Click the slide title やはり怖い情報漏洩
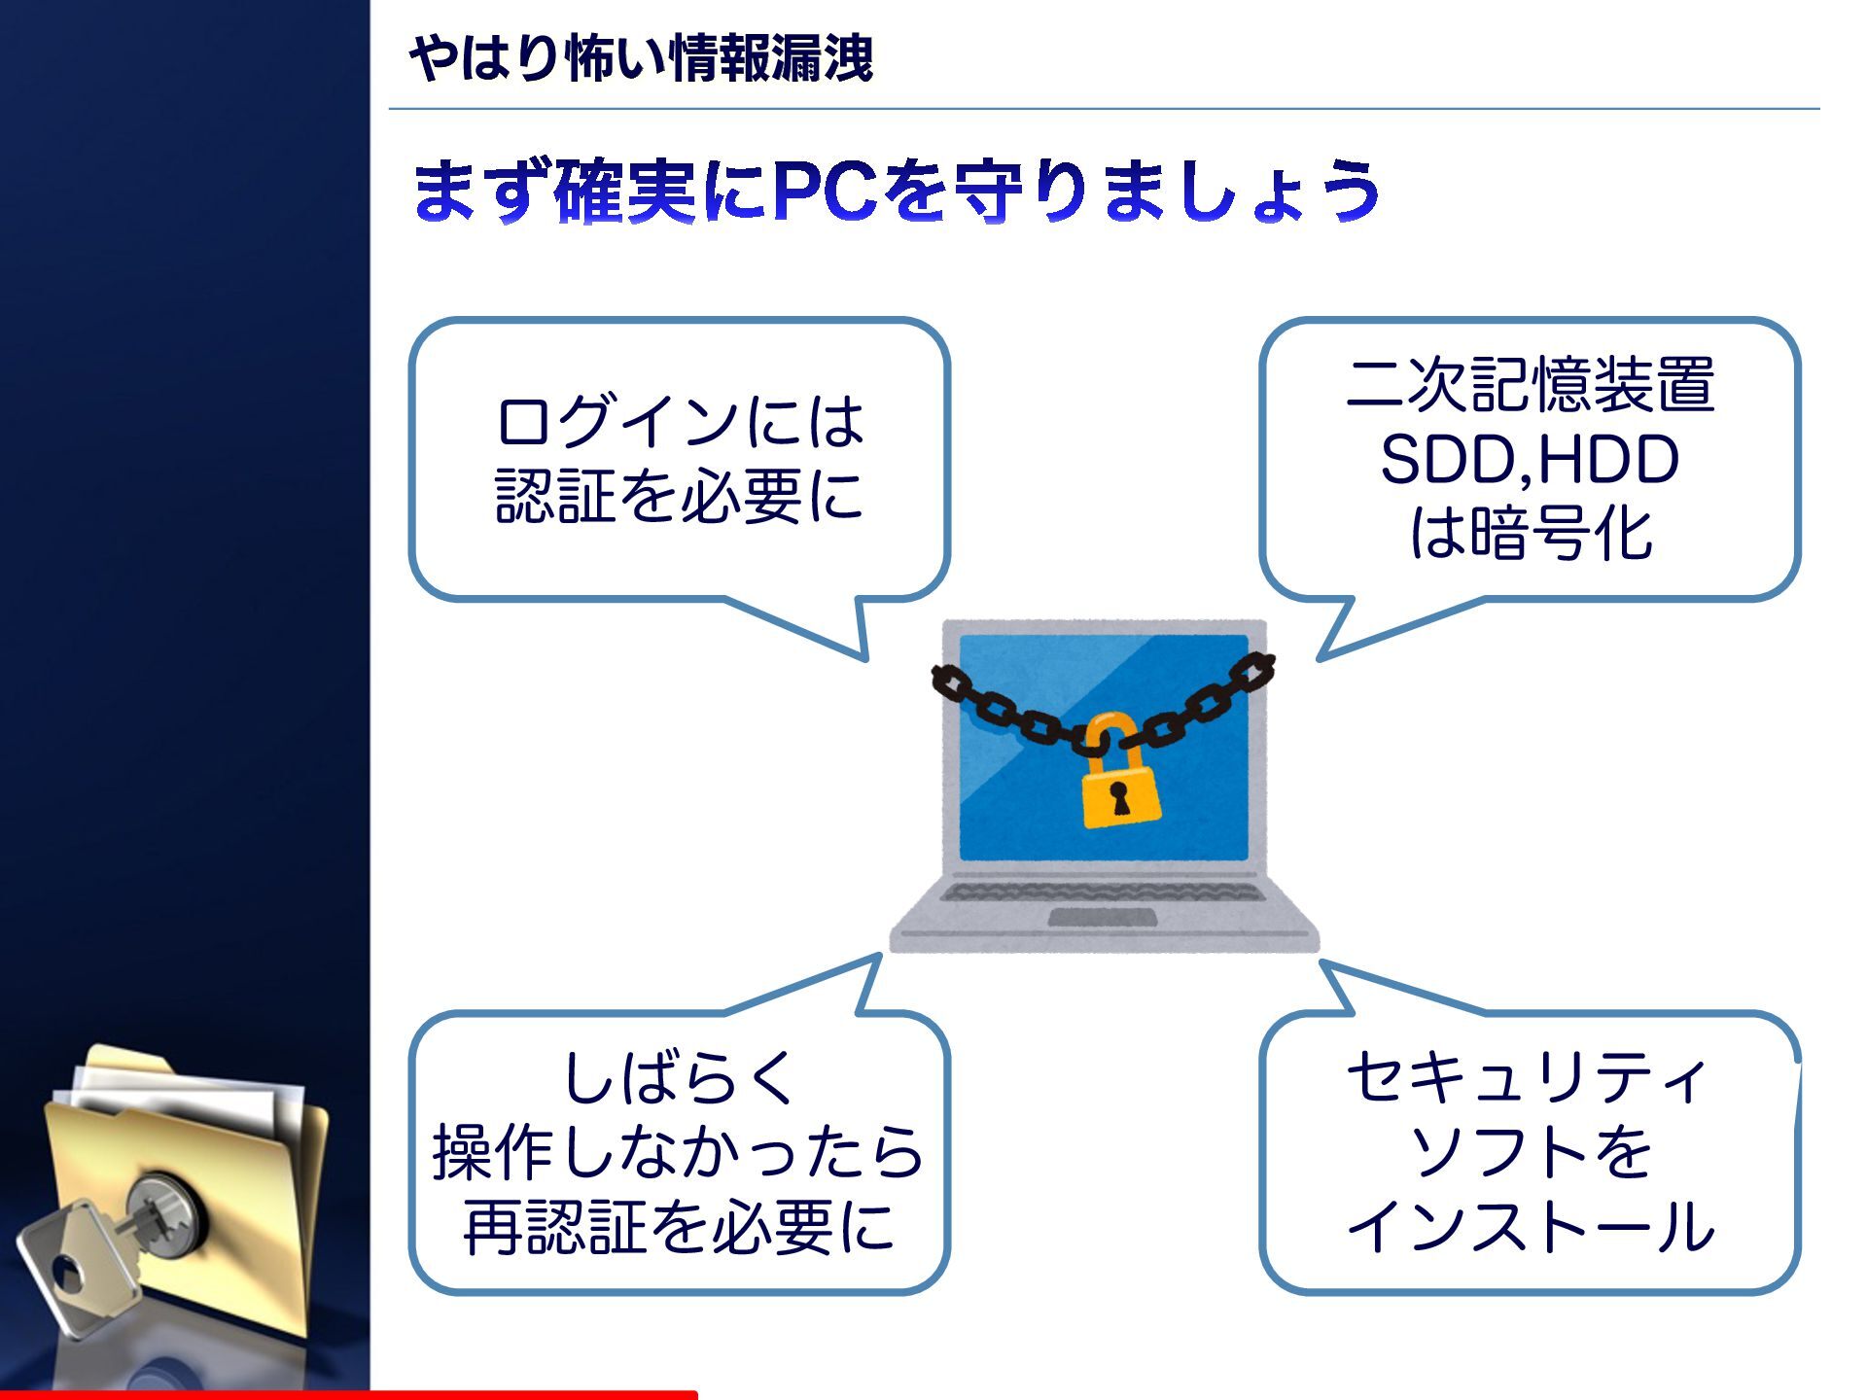click(642, 58)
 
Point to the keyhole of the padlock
click(1120, 796)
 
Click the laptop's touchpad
click(1103, 918)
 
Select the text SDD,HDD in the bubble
click(1530, 459)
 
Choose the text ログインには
click(680, 422)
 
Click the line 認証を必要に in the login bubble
click(680, 496)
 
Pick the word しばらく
click(680, 1077)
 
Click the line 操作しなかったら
click(678, 1152)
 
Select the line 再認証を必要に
click(678, 1227)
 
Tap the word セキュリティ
click(1528, 1077)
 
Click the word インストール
click(1530, 1227)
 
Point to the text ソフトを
click(1530, 1152)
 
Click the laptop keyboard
click(1103, 890)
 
